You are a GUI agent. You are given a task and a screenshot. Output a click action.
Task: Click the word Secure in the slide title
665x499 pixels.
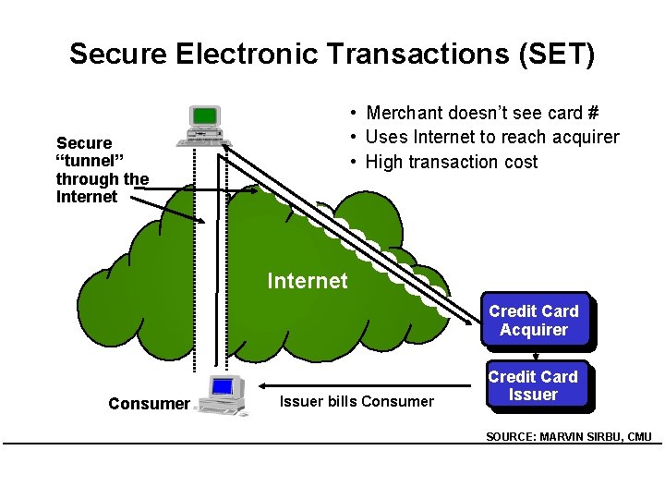click(118, 54)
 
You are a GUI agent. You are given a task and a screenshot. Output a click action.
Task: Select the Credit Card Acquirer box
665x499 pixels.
click(534, 321)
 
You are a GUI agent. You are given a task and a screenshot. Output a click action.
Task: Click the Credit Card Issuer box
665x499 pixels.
click(533, 385)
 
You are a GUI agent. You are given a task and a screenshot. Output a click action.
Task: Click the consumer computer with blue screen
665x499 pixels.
click(223, 395)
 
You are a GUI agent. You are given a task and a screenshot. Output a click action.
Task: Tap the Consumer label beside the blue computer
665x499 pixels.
click(148, 404)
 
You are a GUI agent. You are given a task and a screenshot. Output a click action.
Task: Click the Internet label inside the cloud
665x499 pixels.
click(308, 281)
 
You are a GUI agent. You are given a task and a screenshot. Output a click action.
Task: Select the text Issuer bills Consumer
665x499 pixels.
click(357, 401)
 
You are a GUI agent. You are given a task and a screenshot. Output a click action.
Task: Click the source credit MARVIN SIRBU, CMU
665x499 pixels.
click(569, 437)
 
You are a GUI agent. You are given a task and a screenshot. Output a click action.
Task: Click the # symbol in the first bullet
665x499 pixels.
click(592, 113)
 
